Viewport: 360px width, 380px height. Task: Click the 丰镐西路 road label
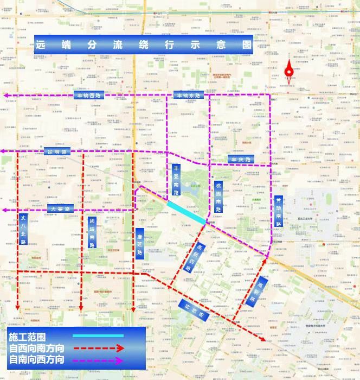tap(89, 95)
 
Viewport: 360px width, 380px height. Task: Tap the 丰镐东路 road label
tap(188, 96)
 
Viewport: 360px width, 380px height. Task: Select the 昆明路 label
tap(57, 152)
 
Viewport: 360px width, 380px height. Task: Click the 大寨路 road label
tap(60, 208)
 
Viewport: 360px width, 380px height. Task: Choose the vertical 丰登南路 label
tap(176, 180)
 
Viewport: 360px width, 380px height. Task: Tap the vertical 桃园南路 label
tap(218, 197)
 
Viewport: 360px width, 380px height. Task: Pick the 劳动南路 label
tap(279, 211)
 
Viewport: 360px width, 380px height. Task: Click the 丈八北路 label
tap(23, 229)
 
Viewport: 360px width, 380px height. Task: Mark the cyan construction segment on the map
tap(186, 212)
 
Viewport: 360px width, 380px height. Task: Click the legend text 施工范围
tap(28, 337)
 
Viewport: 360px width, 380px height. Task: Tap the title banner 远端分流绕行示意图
tap(144, 45)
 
